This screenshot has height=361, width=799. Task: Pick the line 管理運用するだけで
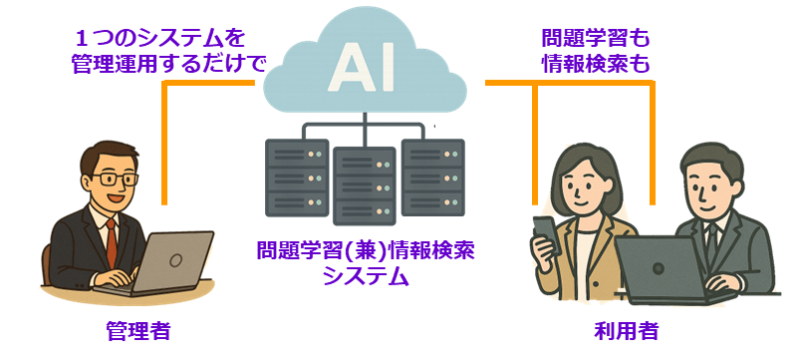(x=169, y=65)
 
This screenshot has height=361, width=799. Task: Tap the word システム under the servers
(x=365, y=276)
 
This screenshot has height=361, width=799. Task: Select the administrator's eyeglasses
(x=117, y=180)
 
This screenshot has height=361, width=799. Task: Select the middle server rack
(x=365, y=185)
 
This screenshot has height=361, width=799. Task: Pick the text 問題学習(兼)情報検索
(x=365, y=250)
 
